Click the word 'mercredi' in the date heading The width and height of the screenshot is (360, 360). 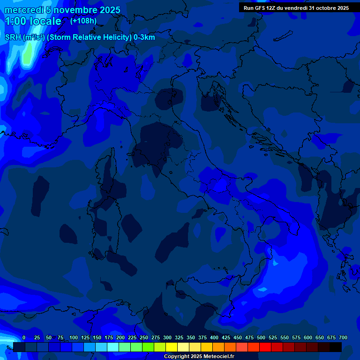(24, 10)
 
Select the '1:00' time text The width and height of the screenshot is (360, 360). (15, 21)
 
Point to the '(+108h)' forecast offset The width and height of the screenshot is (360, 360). (83, 21)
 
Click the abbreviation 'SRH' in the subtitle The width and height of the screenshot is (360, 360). (13, 37)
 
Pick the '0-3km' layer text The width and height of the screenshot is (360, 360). (144, 37)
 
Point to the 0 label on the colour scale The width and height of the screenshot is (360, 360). (23, 337)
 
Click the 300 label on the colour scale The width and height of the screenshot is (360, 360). (167, 337)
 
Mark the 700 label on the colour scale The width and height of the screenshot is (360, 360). (343, 337)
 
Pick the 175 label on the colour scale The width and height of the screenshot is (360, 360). (109, 337)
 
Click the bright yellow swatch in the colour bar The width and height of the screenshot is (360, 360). (172, 347)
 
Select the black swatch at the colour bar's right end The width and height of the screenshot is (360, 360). (336, 347)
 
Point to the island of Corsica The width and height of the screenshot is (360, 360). (109, 173)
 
